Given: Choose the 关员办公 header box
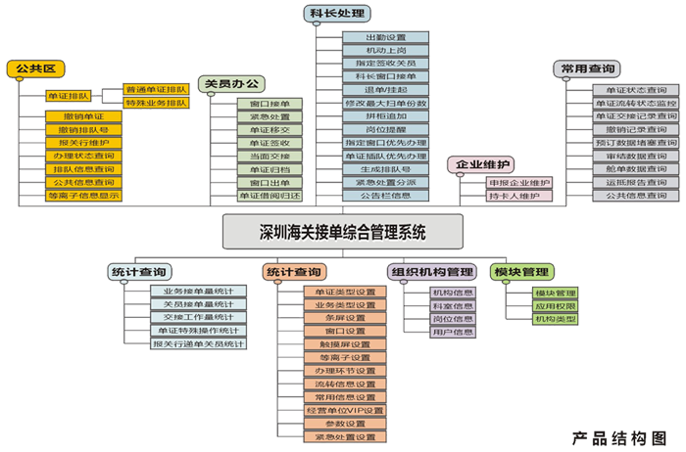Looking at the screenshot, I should tap(230, 84).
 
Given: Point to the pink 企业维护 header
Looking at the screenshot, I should tap(479, 164).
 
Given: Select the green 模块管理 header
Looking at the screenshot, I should tap(521, 271).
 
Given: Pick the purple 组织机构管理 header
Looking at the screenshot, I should tap(432, 271).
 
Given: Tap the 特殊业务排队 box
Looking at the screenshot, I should tap(156, 103).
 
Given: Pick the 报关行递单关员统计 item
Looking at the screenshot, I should tap(197, 343).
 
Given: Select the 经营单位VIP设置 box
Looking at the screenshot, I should tap(339, 411).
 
